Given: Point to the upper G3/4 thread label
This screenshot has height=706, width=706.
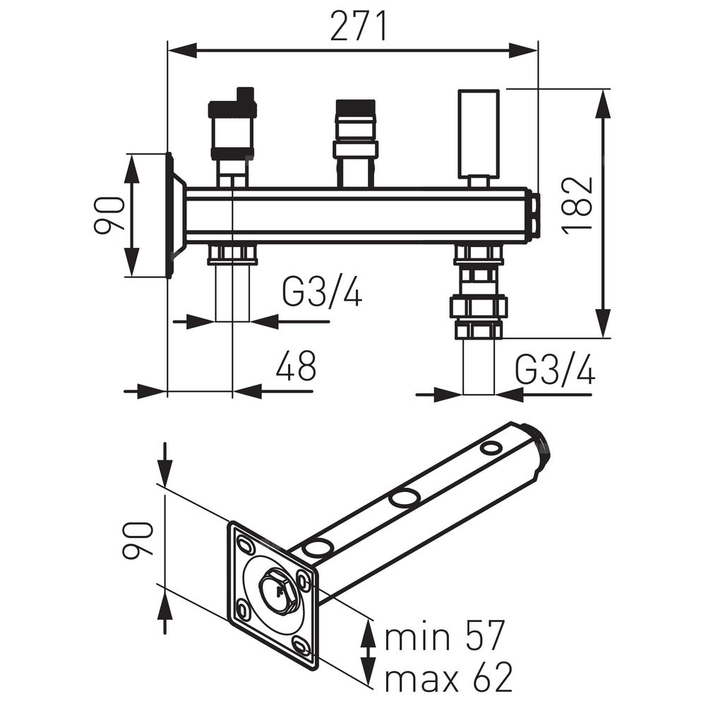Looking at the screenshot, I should click(322, 292).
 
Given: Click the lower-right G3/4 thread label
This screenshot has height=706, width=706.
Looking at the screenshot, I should click(555, 369).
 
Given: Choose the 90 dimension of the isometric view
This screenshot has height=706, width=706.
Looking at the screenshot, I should click(136, 540).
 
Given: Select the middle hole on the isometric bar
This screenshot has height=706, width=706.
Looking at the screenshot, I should click(404, 498).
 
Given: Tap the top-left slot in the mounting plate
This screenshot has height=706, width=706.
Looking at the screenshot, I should click(246, 544).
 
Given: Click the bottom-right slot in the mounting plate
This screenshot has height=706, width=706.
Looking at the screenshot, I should click(301, 645).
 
